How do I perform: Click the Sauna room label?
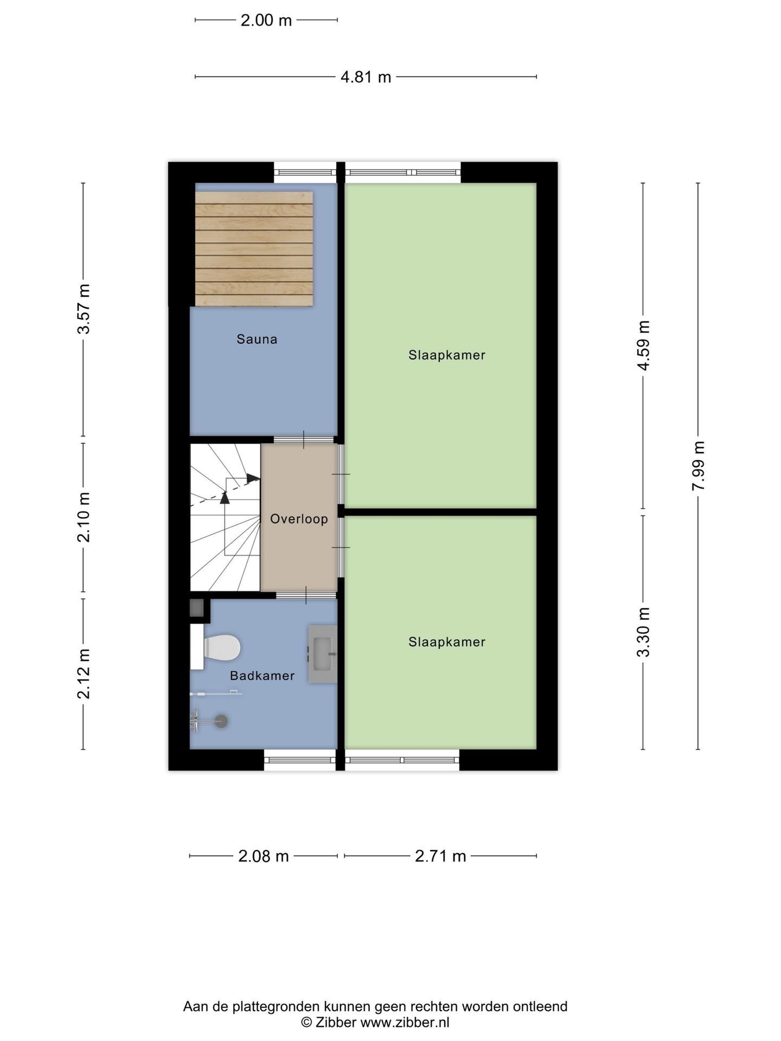click(x=257, y=339)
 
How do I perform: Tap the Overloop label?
click(x=299, y=519)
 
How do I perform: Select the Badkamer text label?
click(x=262, y=676)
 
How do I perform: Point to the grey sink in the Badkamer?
click(x=323, y=654)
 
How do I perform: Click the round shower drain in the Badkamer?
click(x=221, y=721)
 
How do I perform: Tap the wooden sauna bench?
click(x=254, y=248)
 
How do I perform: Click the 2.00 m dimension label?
click(x=266, y=21)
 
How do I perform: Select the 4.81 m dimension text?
click(x=366, y=77)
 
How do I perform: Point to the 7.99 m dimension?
click(x=698, y=466)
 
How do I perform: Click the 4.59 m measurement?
click(x=643, y=345)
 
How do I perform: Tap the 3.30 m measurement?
click(x=643, y=632)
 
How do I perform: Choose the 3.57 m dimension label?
click(x=84, y=309)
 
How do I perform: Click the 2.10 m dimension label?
click(x=84, y=518)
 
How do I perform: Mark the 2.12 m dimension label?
click(x=84, y=674)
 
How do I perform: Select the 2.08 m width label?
click(x=264, y=856)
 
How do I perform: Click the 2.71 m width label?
click(x=440, y=856)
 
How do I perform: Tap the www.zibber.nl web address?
click(x=405, y=1022)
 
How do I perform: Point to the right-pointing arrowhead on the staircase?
click(x=253, y=478)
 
